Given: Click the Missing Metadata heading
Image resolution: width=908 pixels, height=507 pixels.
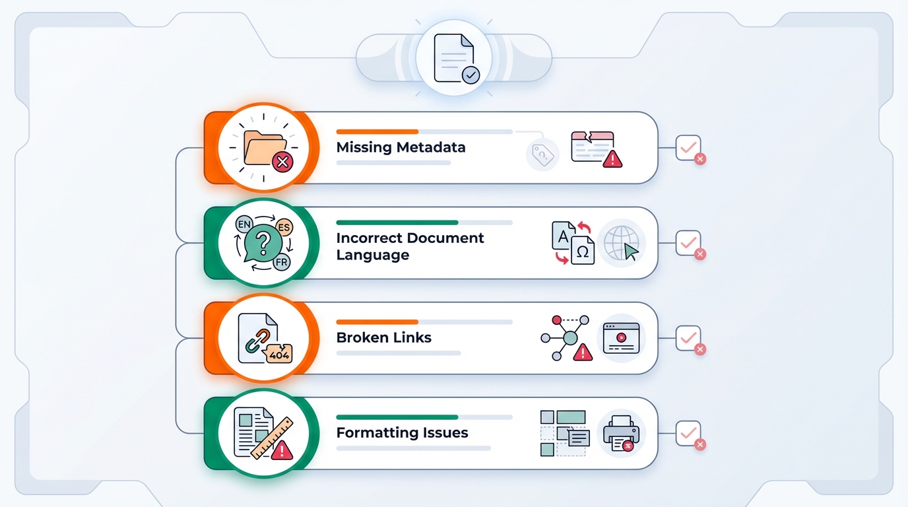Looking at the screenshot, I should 401,147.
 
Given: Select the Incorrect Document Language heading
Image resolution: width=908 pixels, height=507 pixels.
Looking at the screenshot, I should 410,246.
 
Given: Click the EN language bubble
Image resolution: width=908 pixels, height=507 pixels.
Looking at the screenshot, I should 244,225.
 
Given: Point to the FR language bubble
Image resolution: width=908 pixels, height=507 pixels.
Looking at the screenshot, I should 281,262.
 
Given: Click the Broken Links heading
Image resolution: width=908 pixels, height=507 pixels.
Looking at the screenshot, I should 383,337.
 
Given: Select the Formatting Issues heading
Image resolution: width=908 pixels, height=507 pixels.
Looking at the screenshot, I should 402,433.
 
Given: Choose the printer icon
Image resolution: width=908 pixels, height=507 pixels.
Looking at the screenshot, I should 621,433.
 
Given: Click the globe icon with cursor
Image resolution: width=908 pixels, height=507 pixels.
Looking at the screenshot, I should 621,244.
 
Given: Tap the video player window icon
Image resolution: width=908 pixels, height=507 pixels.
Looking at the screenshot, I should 621,338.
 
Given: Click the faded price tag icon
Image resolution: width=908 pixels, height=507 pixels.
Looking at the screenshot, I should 542,155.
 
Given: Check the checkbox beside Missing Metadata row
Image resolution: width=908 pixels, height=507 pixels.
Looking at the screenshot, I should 688,148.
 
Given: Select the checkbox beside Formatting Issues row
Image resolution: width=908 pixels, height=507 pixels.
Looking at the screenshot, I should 688,433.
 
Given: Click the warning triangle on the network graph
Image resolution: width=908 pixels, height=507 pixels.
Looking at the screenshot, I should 583,353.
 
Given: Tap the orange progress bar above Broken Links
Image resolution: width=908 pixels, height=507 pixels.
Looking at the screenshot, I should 377,322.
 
